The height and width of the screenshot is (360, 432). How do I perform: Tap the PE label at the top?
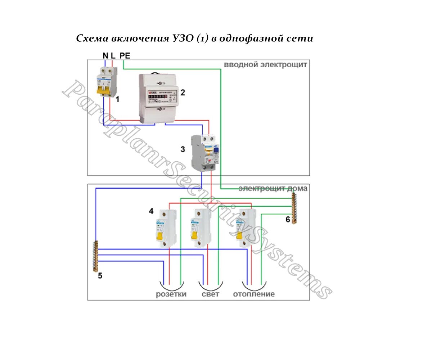[125, 55]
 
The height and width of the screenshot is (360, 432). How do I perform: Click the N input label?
[105, 55]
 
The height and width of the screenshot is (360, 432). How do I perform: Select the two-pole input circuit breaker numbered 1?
[107, 82]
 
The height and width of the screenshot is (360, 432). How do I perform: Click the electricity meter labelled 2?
[157, 98]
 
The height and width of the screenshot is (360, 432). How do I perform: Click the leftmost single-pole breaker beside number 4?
[166, 229]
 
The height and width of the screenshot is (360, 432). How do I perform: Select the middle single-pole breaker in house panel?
[201, 228]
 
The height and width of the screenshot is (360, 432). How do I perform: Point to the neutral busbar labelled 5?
[95, 256]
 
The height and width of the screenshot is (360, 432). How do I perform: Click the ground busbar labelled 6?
[294, 208]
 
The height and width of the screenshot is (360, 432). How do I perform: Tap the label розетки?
[171, 294]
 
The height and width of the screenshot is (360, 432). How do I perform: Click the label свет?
[210, 294]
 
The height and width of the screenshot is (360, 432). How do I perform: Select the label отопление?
[254, 294]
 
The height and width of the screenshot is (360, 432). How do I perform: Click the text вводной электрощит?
[265, 65]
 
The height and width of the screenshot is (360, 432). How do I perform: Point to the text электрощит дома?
[273, 188]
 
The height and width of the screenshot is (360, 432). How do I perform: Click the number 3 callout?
[183, 149]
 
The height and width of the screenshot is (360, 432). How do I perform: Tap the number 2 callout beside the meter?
[183, 93]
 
